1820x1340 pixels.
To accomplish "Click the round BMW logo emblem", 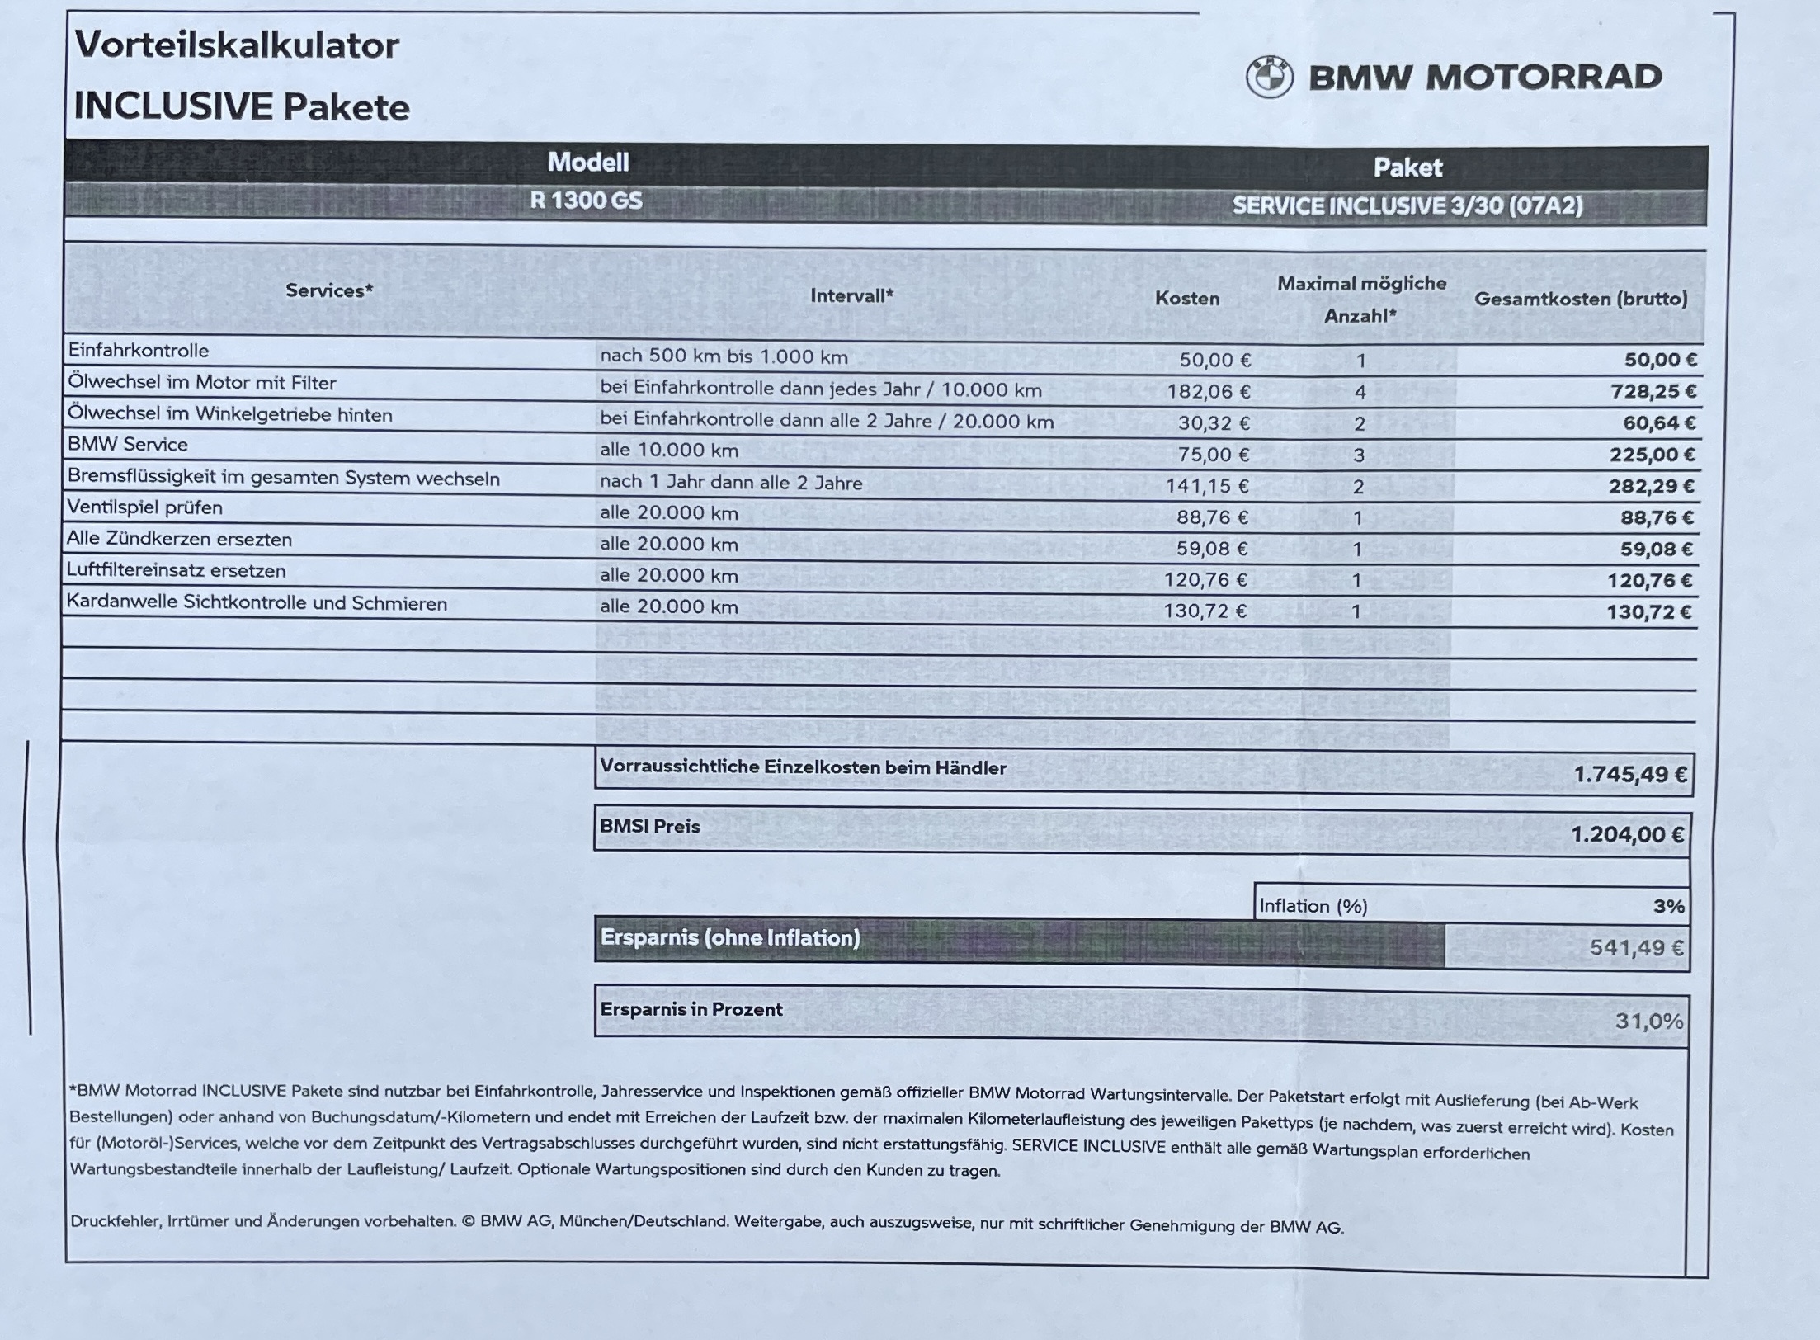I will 1270,78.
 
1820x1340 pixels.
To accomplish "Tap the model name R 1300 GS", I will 586,201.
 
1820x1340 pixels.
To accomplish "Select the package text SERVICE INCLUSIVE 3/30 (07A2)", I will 1407,205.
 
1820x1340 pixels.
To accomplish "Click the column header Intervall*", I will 851,295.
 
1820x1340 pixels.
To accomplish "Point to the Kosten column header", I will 1186,299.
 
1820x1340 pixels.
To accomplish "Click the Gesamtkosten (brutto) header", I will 1581,299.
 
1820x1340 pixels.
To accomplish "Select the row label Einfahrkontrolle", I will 139,350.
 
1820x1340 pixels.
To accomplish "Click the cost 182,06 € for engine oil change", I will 1208,391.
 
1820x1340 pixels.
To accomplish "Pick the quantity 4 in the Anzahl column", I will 1360,392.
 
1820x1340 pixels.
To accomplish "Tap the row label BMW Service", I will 128,445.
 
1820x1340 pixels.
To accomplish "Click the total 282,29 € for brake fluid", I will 1651,486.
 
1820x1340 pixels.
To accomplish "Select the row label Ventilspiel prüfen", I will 145,507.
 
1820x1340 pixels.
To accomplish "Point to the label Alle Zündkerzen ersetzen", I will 179,539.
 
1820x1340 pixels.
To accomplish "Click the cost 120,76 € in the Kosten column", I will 1205,580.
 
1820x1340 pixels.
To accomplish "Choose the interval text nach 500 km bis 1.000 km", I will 724,356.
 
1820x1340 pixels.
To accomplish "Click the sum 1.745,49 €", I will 1629,775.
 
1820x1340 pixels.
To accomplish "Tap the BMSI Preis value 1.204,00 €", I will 1627,835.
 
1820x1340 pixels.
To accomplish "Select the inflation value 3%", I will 1668,906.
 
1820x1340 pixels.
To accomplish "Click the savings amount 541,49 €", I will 1636,948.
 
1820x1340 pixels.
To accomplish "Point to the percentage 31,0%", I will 1648,1022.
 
